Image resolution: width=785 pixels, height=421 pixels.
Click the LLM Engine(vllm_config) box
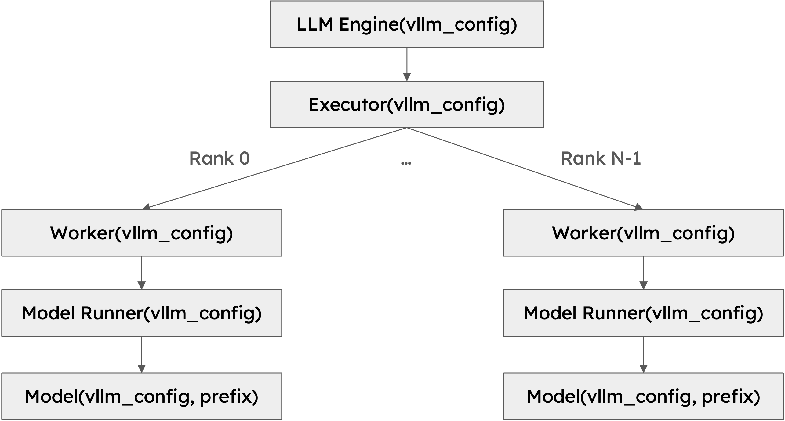click(x=407, y=24)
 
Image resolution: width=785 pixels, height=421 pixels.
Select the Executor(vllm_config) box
click(x=407, y=104)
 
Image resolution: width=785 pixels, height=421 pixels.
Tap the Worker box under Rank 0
click(x=142, y=233)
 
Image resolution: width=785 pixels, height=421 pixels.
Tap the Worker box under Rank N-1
click(x=644, y=233)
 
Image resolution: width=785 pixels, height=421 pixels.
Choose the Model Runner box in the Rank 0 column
click(x=142, y=313)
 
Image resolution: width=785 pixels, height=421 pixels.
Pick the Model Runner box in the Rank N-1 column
click(x=644, y=313)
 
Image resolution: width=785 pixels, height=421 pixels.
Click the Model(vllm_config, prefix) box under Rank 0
click(x=142, y=396)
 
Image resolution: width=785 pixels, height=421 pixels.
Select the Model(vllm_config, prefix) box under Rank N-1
click(x=644, y=396)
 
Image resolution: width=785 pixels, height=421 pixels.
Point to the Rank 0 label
click(x=220, y=158)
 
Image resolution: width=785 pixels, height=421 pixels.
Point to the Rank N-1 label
click(x=601, y=158)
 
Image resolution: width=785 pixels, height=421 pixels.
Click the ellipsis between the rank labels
click(x=406, y=163)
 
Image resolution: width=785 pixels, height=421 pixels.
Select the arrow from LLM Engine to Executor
click(x=407, y=64)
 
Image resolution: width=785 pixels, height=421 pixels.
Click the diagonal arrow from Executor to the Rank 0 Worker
click(x=275, y=169)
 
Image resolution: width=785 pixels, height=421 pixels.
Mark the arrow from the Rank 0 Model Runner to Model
click(x=142, y=354)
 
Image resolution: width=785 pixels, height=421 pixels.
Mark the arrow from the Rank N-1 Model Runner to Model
click(x=644, y=354)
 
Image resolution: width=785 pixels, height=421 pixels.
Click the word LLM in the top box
click(x=314, y=24)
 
